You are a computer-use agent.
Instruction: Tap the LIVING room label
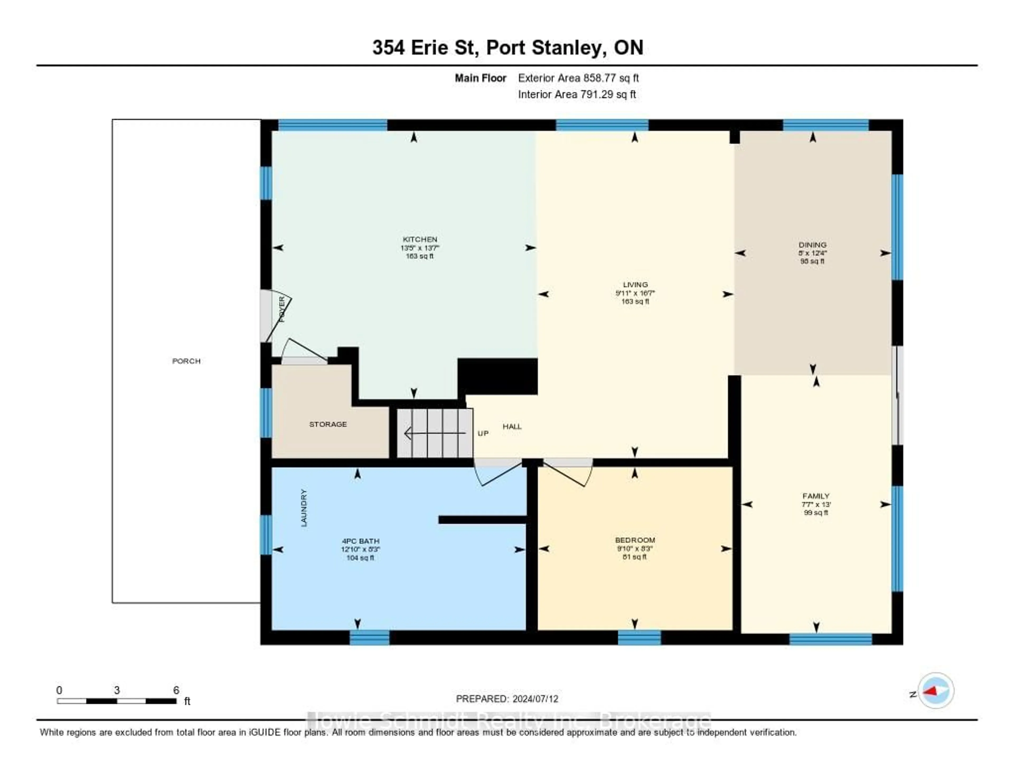click(x=635, y=285)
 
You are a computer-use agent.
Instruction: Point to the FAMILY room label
click(x=816, y=496)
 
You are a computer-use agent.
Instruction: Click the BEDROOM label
click(x=635, y=540)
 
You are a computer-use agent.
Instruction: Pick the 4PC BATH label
click(x=360, y=541)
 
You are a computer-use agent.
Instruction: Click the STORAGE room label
click(x=328, y=424)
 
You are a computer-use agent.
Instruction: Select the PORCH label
click(x=186, y=361)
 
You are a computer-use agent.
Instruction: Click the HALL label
click(x=512, y=426)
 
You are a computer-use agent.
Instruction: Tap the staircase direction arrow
click(x=434, y=433)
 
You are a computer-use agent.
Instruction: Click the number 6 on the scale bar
click(x=176, y=690)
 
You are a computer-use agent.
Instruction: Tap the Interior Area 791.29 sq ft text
click(x=577, y=94)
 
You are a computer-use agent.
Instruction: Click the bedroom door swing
click(x=569, y=473)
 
